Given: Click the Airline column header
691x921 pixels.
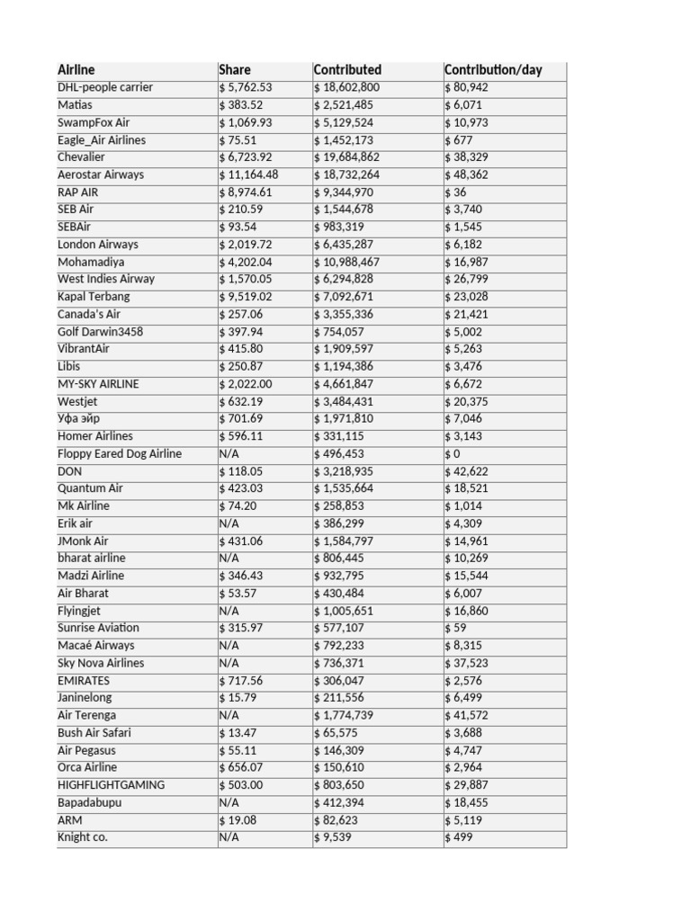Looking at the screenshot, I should (x=76, y=70).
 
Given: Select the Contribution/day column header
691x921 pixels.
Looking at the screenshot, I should (x=493, y=70).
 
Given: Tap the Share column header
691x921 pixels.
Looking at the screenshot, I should (x=235, y=70).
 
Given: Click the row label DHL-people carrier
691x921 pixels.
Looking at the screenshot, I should (x=105, y=87).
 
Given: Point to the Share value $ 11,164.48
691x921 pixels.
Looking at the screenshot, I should (x=249, y=174).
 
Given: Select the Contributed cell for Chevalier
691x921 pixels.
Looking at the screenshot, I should (x=347, y=157).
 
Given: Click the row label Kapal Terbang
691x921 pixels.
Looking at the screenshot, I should (x=94, y=297).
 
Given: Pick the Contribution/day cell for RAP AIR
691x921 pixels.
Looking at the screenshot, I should (x=456, y=192).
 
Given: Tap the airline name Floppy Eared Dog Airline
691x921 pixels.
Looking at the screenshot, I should (x=120, y=454).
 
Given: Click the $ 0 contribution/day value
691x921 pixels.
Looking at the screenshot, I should (x=453, y=454).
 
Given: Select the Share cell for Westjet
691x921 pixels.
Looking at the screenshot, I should (x=241, y=401).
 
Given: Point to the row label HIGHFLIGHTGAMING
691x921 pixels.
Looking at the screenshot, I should (x=112, y=785).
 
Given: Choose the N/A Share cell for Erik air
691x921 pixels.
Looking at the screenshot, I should (x=229, y=523).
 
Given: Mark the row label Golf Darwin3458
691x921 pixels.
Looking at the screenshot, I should (x=100, y=332).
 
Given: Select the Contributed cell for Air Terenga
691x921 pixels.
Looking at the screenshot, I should (x=347, y=715).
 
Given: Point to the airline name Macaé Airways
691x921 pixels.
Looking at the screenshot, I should (x=96, y=646).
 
